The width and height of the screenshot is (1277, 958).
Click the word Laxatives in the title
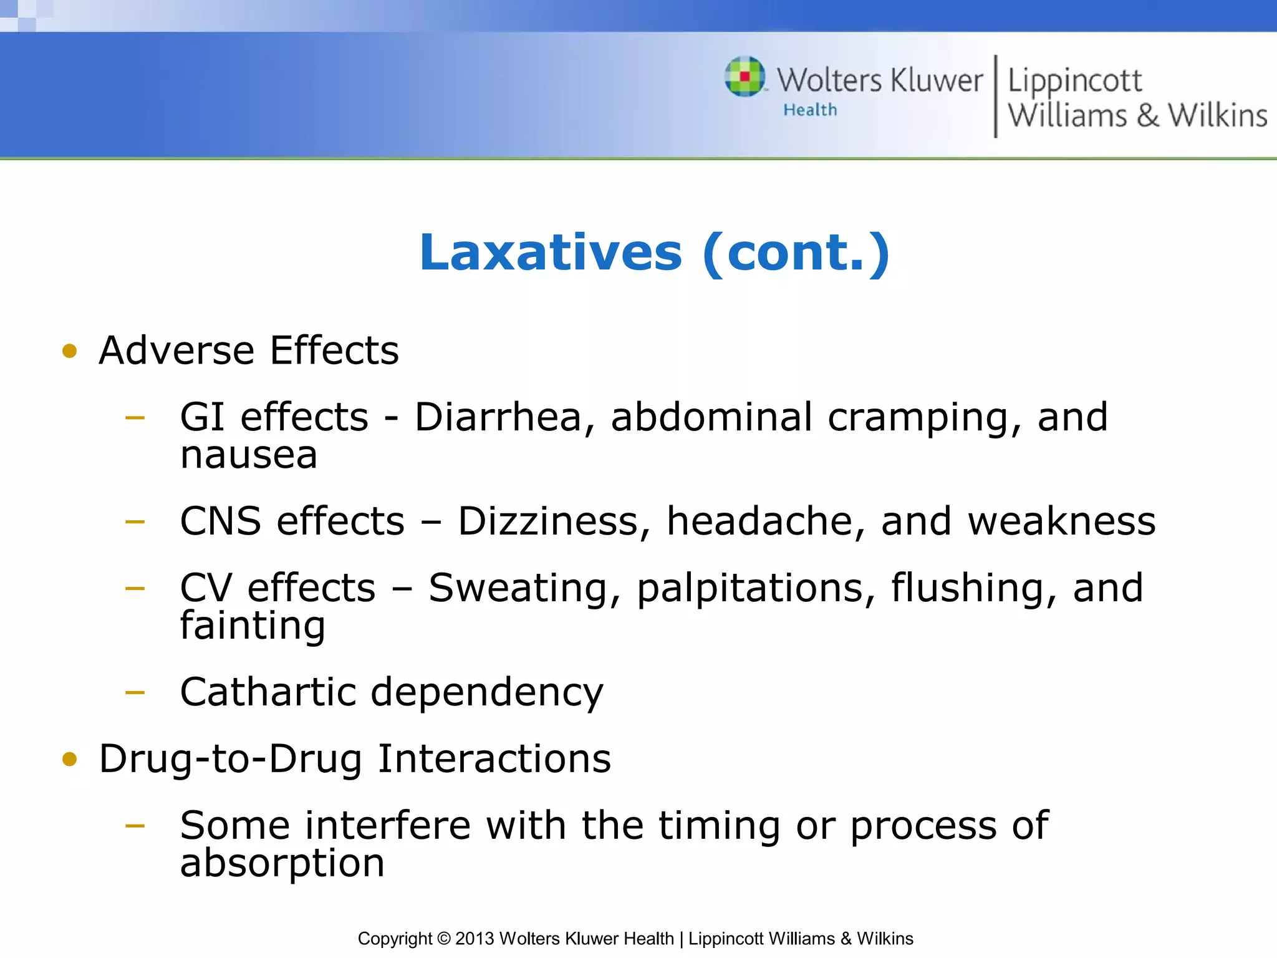coord(551,253)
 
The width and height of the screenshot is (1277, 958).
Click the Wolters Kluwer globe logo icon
coord(745,77)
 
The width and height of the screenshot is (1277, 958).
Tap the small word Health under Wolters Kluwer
coord(810,110)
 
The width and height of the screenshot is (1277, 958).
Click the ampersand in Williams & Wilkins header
coord(1147,116)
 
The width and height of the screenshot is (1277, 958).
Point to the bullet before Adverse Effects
coord(69,351)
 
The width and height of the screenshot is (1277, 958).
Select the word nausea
coord(249,455)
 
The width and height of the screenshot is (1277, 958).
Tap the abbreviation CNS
coord(220,521)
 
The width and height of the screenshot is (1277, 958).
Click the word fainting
coord(253,626)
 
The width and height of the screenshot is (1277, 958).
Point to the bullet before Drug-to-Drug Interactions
coord(69,759)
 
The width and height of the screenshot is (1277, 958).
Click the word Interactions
coord(494,759)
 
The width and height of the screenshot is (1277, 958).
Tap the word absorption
coord(282,864)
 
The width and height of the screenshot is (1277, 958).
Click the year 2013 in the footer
coord(475,939)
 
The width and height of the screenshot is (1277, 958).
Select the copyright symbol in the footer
coord(443,939)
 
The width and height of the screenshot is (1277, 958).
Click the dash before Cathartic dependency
coord(135,692)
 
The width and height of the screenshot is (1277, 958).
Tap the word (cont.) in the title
coord(796,253)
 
